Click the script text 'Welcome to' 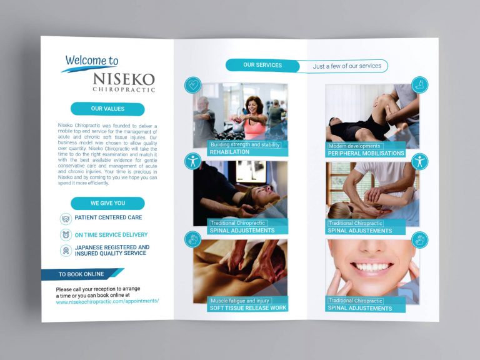pos(92,61)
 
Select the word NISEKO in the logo pos(123,79)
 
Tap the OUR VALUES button pos(107,109)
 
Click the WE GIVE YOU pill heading pos(107,203)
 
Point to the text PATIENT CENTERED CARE pos(108,218)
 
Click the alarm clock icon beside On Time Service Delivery pos(66,235)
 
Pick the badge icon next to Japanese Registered pos(66,251)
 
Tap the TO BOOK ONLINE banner pos(81,274)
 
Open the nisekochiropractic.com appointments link pos(107,301)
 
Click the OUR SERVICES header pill pos(262,65)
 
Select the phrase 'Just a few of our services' pos(347,66)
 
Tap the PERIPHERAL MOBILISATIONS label pos(366,153)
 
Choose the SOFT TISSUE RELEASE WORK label pos(248,307)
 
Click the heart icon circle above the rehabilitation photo pos(193,84)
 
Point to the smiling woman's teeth pos(372,267)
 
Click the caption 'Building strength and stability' pos(245,144)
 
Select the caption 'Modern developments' pos(354,146)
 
